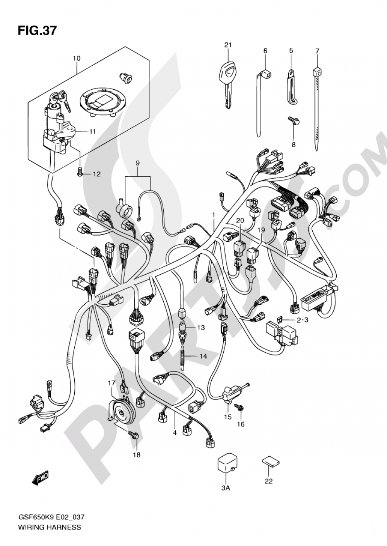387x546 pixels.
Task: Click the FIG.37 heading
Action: pos(37,31)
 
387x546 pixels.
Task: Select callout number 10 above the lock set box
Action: pos(76,58)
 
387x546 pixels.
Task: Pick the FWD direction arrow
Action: pos(39,479)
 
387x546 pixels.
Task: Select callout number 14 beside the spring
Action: pos(203,356)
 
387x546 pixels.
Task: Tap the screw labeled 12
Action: pos(80,174)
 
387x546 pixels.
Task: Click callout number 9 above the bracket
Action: pos(137,163)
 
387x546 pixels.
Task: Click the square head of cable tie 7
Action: pos(317,72)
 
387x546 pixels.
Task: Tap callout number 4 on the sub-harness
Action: pos(175,433)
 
